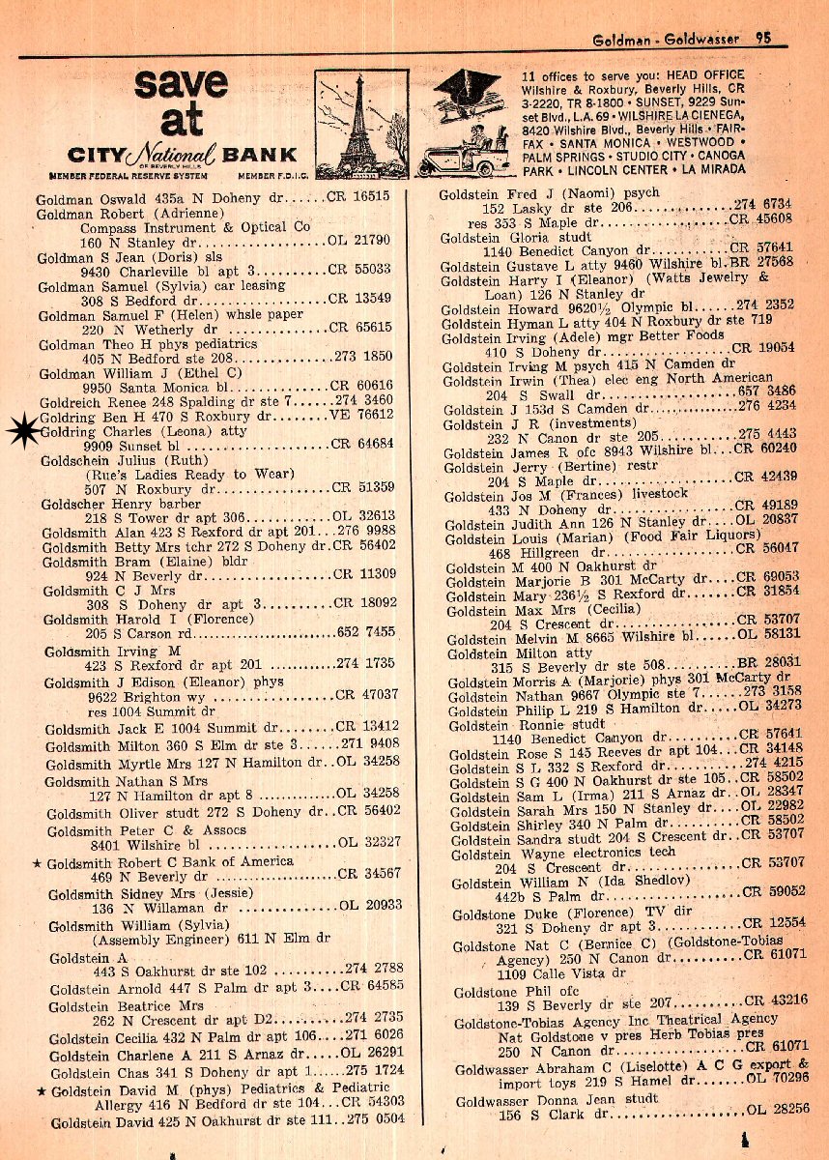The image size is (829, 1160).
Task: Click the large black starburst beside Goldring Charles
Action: point(21,432)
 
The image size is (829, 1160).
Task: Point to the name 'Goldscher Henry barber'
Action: point(122,506)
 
